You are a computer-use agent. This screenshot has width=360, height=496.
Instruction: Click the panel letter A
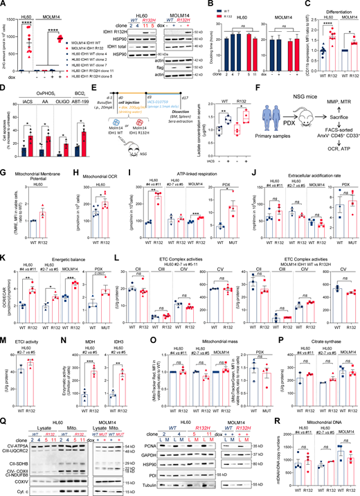click(4, 4)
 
